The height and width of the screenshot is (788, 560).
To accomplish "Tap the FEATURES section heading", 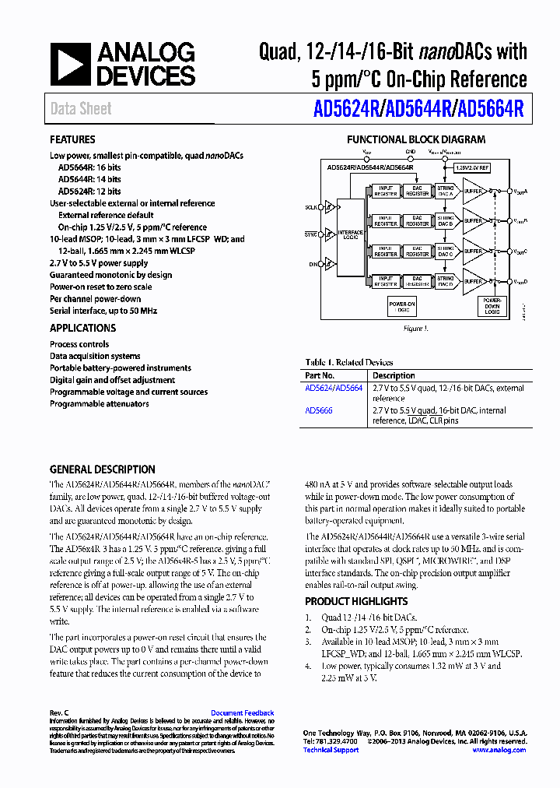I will click(x=72, y=139).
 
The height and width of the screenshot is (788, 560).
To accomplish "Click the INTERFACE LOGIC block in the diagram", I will click(x=351, y=234).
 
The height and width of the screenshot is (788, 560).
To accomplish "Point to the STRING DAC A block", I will click(x=445, y=190).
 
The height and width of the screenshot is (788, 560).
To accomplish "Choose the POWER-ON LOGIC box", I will click(x=402, y=306).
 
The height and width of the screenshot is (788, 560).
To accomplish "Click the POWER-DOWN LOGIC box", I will click(x=492, y=306).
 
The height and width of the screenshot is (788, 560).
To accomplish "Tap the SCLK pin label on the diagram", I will click(x=311, y=208).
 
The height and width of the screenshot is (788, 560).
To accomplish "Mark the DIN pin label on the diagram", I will click(x=313, y=265).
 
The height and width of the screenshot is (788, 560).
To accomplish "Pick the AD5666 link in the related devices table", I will click(x=319, y=410).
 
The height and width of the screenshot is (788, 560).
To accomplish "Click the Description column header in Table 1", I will click(x=394, y=375).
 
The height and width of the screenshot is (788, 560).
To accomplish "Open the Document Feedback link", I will click(x=242, y=712).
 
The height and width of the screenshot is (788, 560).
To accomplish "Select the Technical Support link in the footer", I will click(x=331, y=750).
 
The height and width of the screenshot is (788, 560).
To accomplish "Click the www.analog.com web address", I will click(x=499, y=750).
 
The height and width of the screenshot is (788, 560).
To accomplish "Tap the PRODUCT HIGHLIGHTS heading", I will click(x=355, y=601).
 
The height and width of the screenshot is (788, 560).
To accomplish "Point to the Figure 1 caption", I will click(x=415, y=329).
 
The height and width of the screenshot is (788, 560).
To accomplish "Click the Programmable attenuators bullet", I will click(x=99, y=404).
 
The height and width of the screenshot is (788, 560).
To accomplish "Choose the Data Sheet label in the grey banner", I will click(x=81, y=109).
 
